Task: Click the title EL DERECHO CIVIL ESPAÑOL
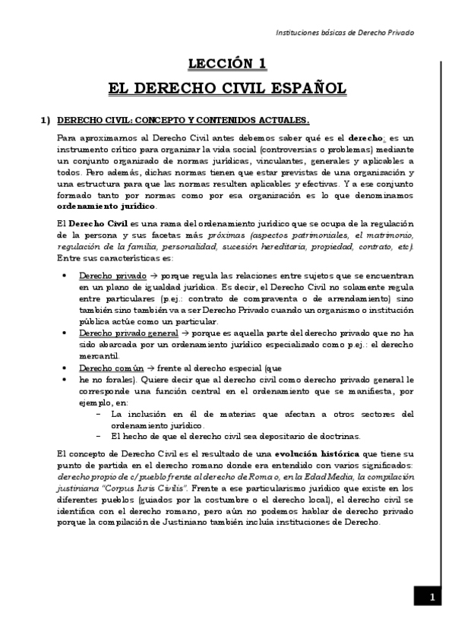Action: pos(227,87)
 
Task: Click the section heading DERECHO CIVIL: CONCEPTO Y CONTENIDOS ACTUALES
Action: pos(183,120)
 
